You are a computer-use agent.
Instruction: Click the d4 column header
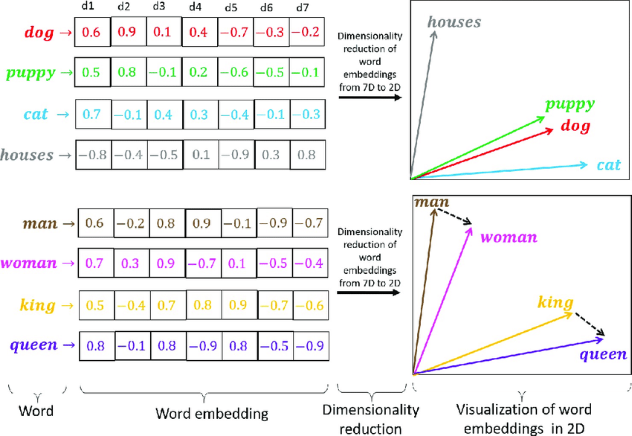coord(195,7)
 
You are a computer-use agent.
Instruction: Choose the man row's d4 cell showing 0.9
coord(202,222)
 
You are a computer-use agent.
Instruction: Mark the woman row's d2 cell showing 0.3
coord(131,263)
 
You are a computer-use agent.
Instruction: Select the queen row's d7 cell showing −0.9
coord(310,345)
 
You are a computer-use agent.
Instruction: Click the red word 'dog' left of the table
coord(38,33)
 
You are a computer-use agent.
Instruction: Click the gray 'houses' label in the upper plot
coord(454,22)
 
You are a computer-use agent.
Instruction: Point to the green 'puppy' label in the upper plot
coord(572,105)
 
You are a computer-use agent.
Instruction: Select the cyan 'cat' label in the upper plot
coord(608,164)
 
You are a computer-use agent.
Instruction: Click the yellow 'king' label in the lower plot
coord(555,302)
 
